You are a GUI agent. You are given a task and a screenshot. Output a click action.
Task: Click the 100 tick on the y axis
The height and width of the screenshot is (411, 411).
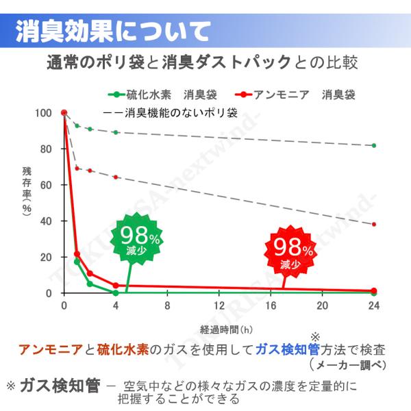(47, 113)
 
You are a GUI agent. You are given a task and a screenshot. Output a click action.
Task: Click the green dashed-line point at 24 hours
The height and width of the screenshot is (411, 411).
(373, 145)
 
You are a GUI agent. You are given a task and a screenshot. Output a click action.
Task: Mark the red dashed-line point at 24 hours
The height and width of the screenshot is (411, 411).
(373, 225)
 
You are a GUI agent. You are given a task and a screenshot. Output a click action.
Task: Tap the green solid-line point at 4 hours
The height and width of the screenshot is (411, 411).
(116, 293)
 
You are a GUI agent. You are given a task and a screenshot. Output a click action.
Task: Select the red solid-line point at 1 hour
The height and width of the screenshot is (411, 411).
(77, 254)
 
